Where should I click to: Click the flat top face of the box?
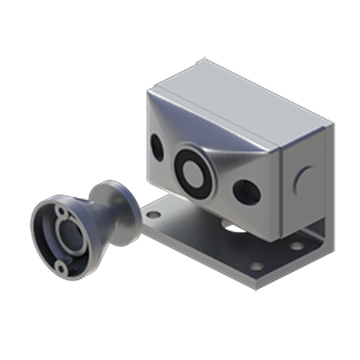click(238, 101)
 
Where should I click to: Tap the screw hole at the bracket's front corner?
click(256, 267)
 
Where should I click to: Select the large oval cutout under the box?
click(232, 229)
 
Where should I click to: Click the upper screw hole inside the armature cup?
click(63, 212)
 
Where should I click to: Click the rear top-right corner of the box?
click(333, 122)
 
